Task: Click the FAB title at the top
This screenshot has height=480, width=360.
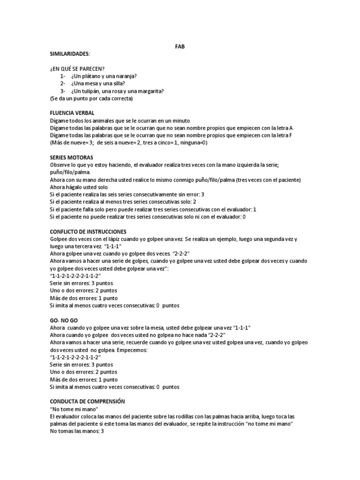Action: pos(180,47)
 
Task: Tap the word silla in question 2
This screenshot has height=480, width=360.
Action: pos(118,84)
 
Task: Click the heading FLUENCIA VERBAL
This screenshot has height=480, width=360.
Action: pos(72,113)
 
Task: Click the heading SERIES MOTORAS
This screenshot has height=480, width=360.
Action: pos(71,157)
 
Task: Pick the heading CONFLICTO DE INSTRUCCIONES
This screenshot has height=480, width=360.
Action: pos(88,232)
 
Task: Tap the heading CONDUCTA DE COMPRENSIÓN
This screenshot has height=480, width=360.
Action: pos(88,402)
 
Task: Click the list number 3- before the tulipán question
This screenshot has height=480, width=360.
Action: pos(63,91)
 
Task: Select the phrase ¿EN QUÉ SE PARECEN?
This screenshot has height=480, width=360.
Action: pos(77,69)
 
